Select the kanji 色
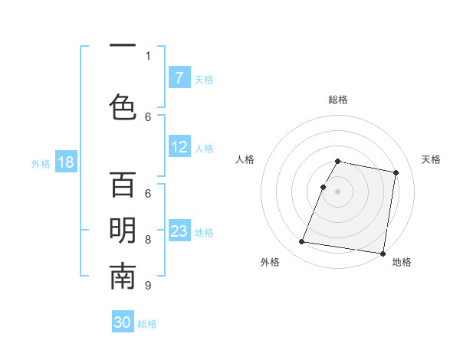(x=123, y=106)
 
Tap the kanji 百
(x=123, y=185)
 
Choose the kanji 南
(x=123, y=277)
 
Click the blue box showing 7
(x=179, y=78)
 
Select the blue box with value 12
(x=179, y=148)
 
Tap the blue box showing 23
(x=179, y=232)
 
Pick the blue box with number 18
(x=64, y=163)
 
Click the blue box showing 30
(x=123, y=323)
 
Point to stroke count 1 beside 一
(x=148, y=55)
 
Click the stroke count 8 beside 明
(x=148, y=240)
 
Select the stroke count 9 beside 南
(x=148, y=286)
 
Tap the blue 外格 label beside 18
(x=40, y=164)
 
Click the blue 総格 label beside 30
(x=147, y=324)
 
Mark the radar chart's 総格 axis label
(x=337, y=100)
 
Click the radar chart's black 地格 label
(x=402, y=262)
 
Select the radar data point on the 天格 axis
(x=396, y=173)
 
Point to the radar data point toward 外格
(x=301, y=242)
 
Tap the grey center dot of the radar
(x=337, y=191)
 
